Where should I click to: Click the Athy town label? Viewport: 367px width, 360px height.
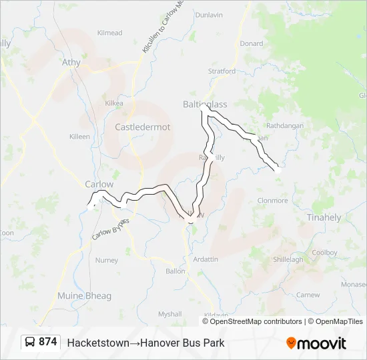(x=71, y=63)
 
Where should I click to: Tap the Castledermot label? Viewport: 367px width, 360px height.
(x=143, y=127)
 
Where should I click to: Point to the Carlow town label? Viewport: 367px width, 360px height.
(x=99, y=184)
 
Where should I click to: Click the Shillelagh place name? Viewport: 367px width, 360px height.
(x=288, y=259)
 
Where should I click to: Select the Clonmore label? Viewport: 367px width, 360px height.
(x=272, y=200)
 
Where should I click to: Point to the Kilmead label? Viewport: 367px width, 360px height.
(x=109, y=33)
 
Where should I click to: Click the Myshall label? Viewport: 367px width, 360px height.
(x=169, y=314)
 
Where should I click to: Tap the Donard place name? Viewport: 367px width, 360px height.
(x=252, y=43)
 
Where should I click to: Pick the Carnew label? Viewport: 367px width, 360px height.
(x=308, y=294)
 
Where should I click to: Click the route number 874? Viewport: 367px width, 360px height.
(x=47, y=342)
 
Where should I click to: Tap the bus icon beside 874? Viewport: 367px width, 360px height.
(x=31, y=343)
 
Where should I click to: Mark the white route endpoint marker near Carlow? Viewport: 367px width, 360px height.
(x=91, y=207)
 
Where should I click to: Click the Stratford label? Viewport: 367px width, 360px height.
(x=222, y=71)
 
